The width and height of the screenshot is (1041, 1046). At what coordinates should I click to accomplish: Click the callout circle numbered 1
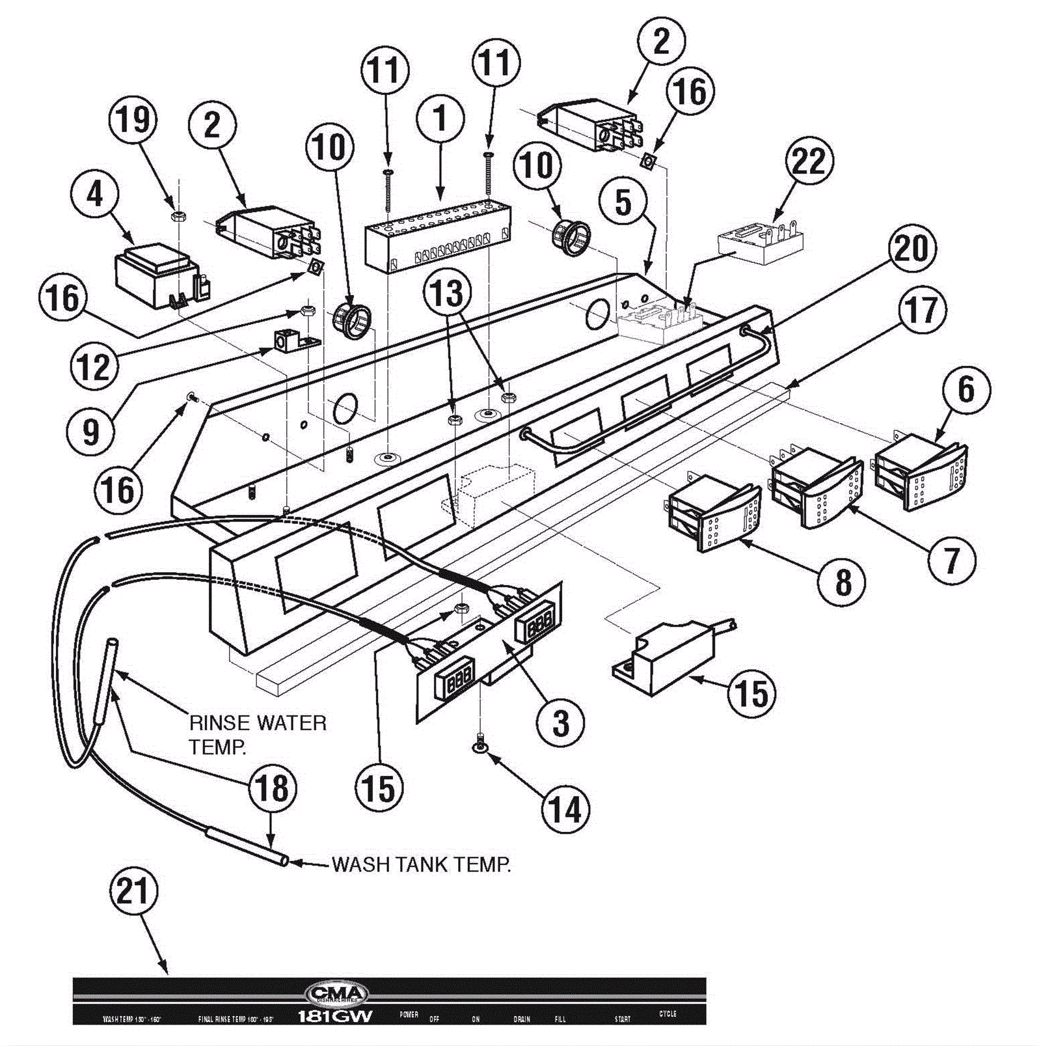pos(440,119)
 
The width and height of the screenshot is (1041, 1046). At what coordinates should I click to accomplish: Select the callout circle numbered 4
pos(95,194)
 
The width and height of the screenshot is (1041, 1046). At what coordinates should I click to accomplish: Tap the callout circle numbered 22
pos(809,161)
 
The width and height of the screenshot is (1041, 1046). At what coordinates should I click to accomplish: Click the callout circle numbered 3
pos(561,722)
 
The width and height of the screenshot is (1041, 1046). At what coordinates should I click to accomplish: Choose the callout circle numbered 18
pos(273,789)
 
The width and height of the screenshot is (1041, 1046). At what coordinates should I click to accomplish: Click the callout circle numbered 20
pos(912,249)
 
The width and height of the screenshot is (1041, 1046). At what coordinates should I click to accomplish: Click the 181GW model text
pos(335,1016)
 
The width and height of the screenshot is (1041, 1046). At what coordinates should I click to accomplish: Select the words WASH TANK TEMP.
pos(421,864)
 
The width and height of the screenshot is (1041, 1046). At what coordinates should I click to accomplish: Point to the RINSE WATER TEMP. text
pos(258,734)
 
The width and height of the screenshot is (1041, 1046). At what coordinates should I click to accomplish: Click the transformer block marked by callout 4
pos(156,275)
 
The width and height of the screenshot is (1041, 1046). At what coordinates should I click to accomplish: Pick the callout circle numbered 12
pos(94,366)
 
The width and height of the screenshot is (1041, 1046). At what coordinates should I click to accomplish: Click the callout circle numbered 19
pos(133,120)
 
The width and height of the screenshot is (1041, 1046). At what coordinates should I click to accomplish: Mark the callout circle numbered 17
pos(921,310)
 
